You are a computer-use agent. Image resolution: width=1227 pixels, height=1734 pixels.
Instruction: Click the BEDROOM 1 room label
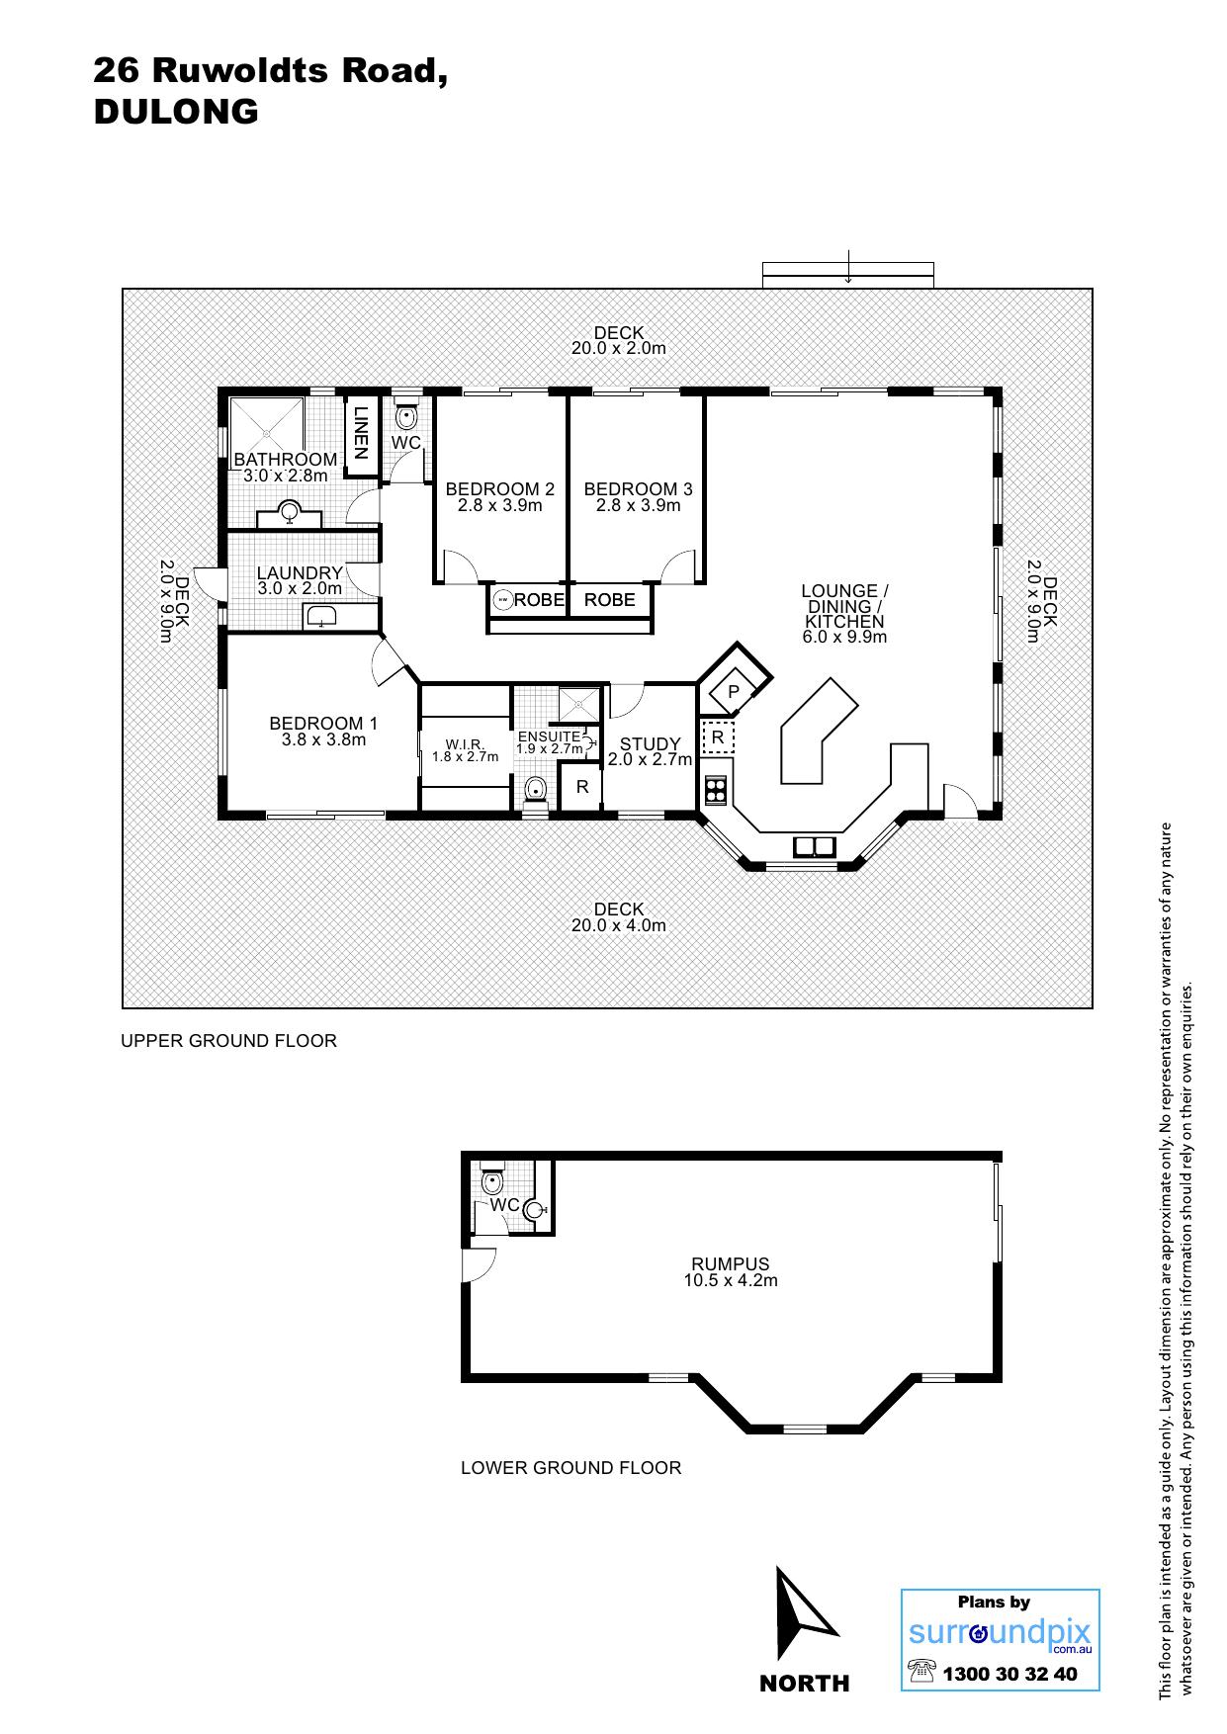point(323,724)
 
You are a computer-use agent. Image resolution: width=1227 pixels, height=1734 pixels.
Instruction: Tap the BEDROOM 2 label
point(500,489)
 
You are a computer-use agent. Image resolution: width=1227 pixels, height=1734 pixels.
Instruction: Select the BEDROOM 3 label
point(639,489)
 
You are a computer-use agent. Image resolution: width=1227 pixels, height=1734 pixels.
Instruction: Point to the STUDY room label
point(651,744)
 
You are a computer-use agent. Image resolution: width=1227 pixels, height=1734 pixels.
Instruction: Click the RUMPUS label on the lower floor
point(731,1264)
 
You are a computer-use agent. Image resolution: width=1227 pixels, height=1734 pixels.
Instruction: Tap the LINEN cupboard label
point(360,433)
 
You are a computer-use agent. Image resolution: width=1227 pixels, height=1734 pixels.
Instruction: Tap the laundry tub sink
point(320,618)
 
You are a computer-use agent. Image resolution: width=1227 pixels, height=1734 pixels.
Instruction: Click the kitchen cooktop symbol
point(715,790)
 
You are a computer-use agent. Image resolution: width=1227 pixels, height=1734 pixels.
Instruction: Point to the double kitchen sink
point(814,847)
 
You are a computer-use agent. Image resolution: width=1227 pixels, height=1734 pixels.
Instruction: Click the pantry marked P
point(734,692)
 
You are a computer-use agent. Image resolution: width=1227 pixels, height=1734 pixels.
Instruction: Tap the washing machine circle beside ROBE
point(503,599)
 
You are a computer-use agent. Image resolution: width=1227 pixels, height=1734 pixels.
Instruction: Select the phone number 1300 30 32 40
point(1009,1674)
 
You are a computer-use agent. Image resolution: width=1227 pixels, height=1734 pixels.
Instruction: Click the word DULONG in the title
point(176,112)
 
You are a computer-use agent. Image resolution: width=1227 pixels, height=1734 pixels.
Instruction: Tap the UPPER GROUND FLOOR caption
point(228,1041)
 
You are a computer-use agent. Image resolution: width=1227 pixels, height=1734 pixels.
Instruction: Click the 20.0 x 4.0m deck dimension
point(619,926)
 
